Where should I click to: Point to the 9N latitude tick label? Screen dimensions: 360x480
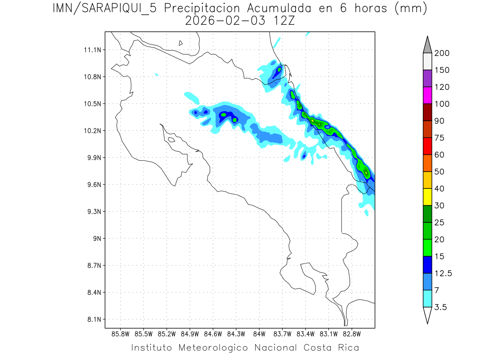coord(97,238)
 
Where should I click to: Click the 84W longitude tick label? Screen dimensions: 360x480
coord(259,334)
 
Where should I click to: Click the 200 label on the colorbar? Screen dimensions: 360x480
coord(442,53)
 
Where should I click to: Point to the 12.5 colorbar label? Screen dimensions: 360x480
coord(443,273)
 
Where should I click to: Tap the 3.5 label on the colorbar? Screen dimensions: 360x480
coord(441,307)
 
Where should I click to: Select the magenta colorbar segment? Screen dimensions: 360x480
coord(427,95)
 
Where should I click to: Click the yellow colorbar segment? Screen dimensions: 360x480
coord(427,196)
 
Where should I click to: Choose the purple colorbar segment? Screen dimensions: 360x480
coord(427,78)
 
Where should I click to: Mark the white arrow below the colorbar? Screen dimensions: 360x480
coord(427,315)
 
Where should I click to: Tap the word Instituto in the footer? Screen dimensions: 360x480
coord(152,348)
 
